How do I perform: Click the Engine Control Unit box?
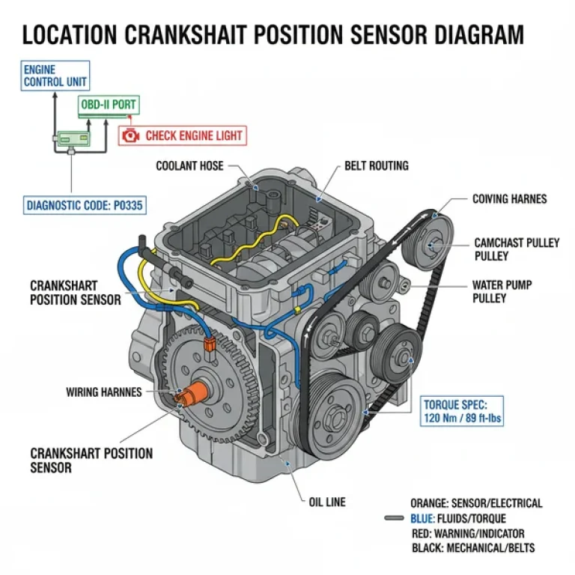[x=55, y=76]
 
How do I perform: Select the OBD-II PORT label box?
[x=109, y=105]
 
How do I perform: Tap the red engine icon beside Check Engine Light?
[x=131, y=136]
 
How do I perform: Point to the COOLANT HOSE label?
[x=189, y=165]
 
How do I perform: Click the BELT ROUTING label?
[x=376, y=165]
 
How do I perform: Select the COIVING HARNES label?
[x=509, y=199]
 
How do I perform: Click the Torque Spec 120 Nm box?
[x=463, y=411]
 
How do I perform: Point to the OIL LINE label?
[x=327, y=502]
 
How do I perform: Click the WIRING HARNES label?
[x=103, y=392]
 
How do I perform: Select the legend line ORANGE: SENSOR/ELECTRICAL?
[x=476, y=503]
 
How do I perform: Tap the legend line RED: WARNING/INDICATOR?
[x=468, y=533]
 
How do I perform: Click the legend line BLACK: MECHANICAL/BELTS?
[x=473, y=548]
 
